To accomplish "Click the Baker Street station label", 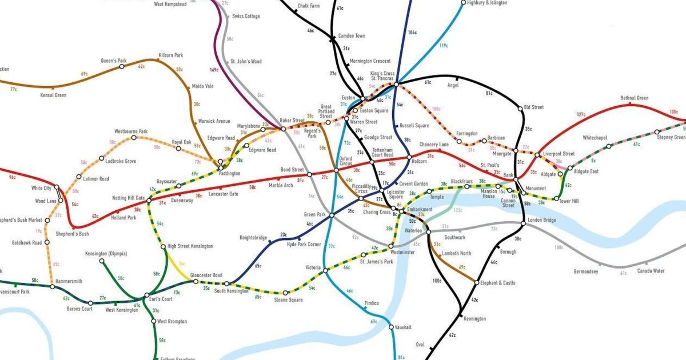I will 292,121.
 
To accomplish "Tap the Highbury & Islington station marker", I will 464,2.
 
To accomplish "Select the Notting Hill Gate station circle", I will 149,201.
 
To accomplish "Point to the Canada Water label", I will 651,271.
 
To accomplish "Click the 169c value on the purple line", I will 214,70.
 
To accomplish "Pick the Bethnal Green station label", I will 635,98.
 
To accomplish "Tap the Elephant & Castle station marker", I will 476,282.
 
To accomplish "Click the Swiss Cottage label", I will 246,17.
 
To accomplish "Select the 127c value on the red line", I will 581,114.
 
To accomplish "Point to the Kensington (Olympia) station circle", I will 102,261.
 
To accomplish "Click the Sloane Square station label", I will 289,300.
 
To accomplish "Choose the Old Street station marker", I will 520,108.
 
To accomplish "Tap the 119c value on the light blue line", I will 443,46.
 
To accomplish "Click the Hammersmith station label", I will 68,281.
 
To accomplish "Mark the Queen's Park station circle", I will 121,67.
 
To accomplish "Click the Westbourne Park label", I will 131,131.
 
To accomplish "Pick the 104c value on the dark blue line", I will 412,33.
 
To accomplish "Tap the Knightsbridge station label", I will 253,237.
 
